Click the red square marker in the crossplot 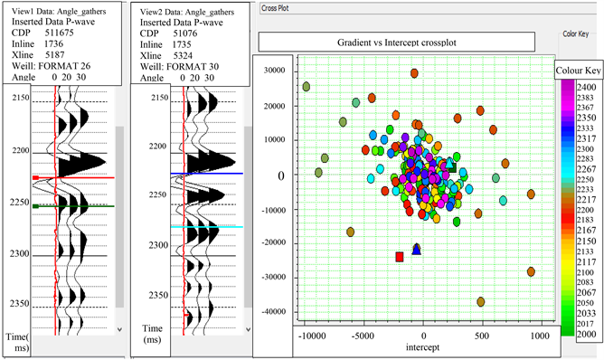400,257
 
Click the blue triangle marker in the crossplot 417,249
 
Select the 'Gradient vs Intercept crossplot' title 394,42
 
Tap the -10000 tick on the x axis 312,335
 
